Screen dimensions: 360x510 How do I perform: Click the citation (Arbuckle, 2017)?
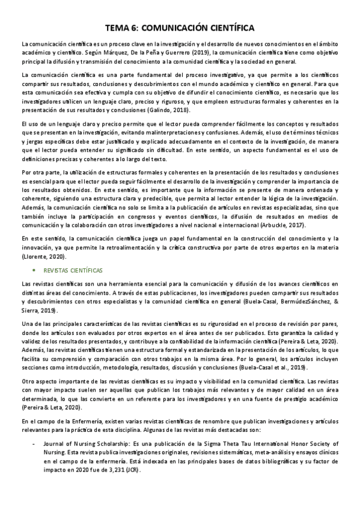[279, 225]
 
